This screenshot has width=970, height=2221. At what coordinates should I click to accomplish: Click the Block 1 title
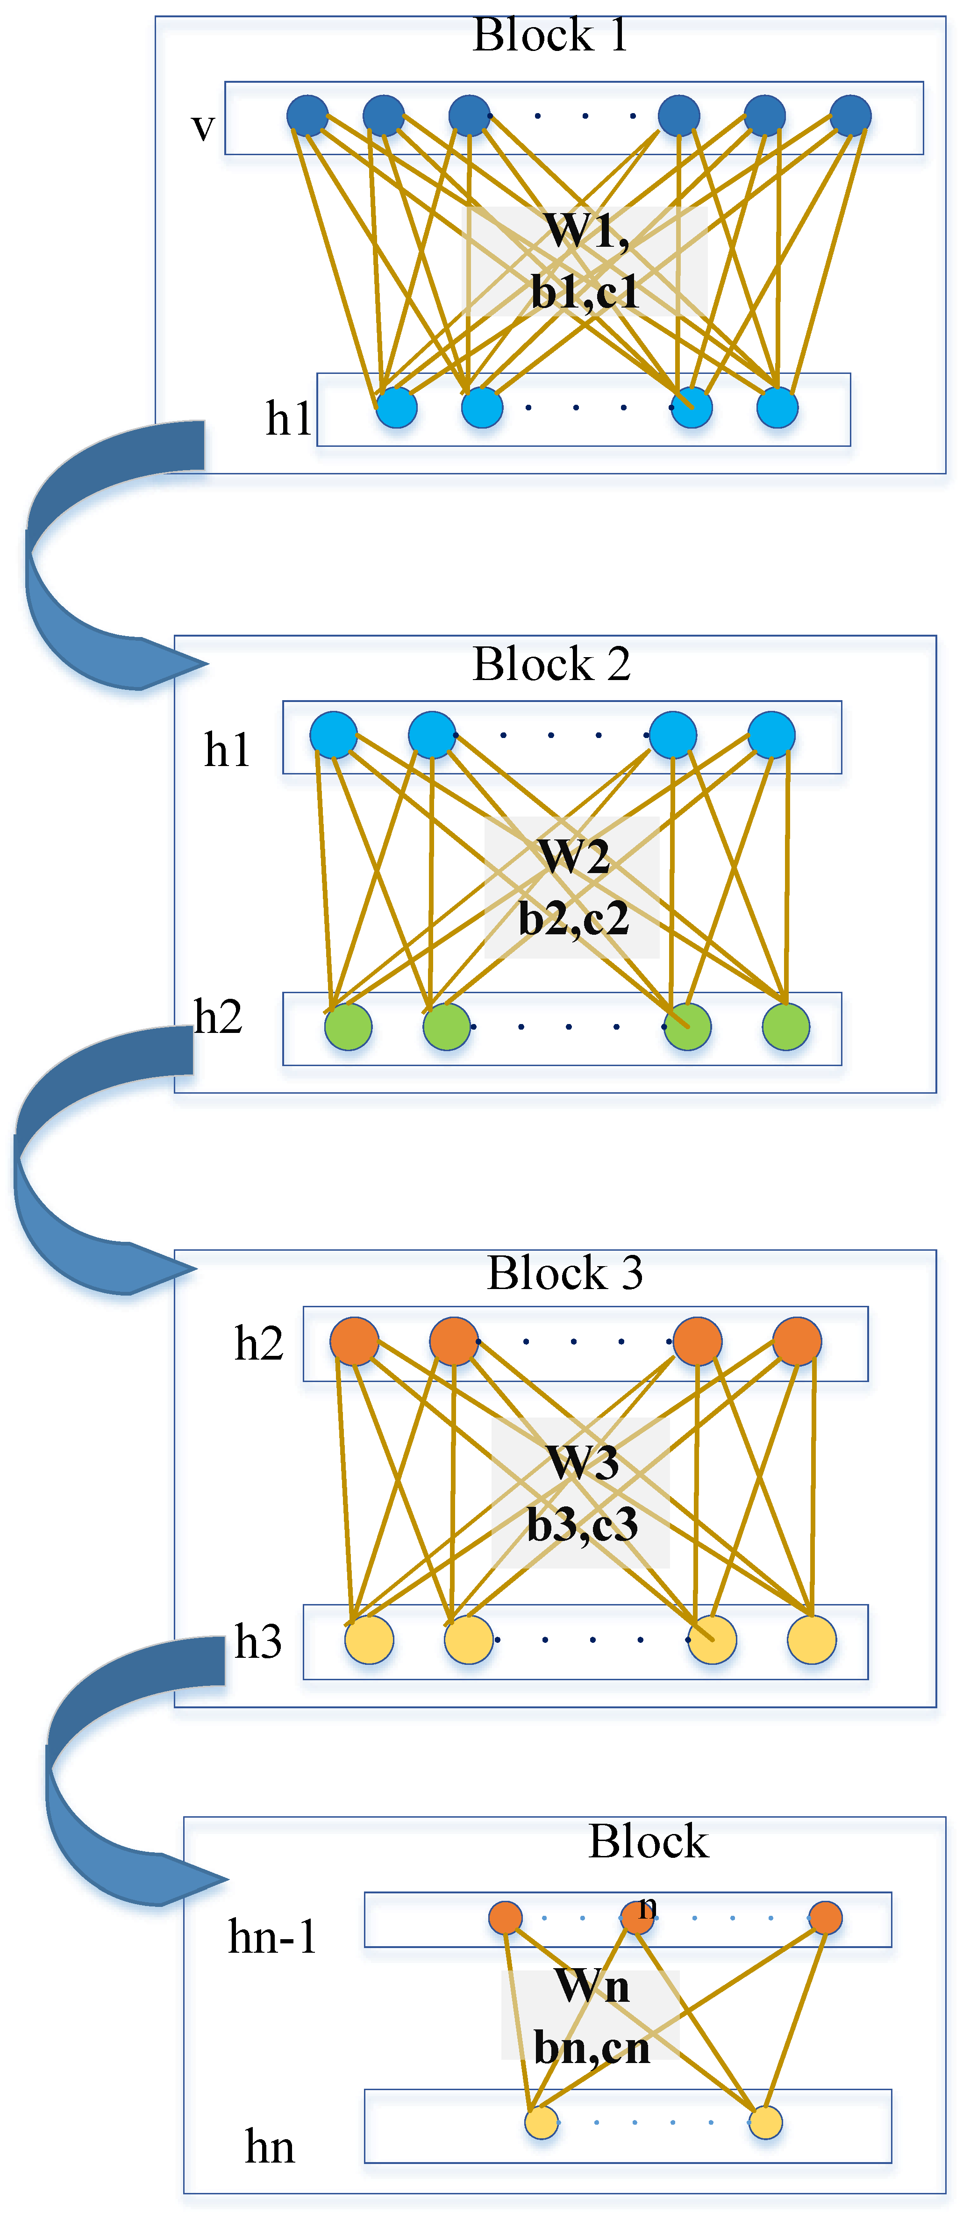(x=550, y=36)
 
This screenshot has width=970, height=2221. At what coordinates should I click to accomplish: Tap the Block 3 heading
(x=565, y=1273)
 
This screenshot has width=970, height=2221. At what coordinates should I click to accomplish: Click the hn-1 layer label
(x=271, y=1936)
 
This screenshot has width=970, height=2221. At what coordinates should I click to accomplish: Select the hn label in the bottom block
(x=269, y=2147)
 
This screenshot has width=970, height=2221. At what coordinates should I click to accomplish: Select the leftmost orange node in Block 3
(x=354, y=1341)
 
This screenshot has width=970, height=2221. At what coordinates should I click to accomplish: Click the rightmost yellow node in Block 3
(x=811, y=1639)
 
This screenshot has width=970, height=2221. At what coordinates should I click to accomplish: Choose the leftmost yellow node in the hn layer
(x=542, y=2122)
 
